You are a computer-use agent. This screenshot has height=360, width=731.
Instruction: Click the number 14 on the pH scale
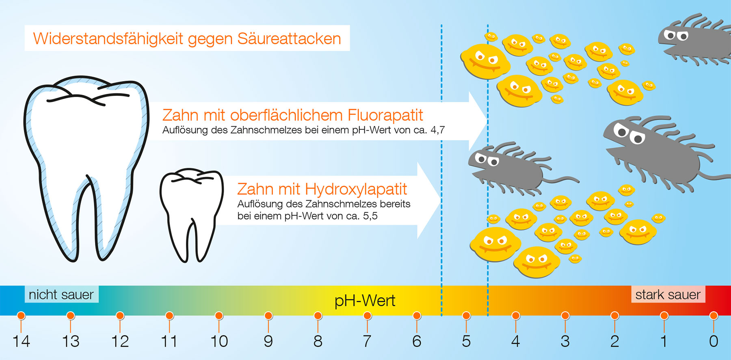click(21, 341)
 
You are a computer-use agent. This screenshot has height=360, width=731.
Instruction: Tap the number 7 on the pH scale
click(367, 341)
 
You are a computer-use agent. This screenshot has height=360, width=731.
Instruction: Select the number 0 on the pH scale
click(714, 341)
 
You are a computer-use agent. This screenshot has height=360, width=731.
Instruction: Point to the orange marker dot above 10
click(219, 316)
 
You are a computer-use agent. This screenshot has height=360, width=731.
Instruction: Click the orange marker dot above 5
click(466, 316)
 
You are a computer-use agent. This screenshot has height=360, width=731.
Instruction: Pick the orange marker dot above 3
click(565, 316)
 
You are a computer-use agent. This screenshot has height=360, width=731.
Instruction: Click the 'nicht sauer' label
click(61, 294)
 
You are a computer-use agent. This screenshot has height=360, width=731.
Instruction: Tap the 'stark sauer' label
click(668, 294)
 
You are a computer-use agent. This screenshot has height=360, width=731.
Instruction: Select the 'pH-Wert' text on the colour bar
click(365, 301)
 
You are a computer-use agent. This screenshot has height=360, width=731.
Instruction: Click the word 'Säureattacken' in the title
click(289, 39)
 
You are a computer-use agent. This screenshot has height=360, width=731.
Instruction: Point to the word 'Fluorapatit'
click(385, 115)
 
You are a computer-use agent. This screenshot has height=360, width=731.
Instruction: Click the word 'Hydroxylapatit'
click(356, 189)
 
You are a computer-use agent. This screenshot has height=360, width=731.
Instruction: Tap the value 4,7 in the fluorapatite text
click(437, 130)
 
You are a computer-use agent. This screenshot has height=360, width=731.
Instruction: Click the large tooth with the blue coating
click(86, 168)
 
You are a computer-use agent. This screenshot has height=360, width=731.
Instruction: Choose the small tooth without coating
click(192, 214)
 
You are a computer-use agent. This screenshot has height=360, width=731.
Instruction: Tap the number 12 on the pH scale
click(120, 341)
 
